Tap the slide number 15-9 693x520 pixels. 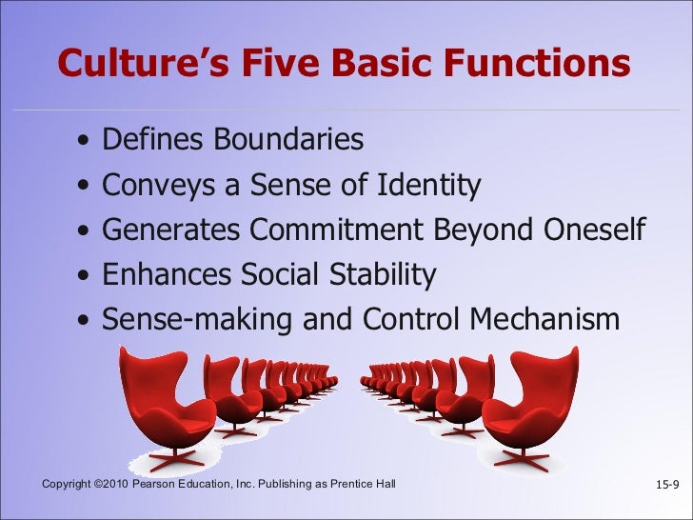[x=668, y=488]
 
